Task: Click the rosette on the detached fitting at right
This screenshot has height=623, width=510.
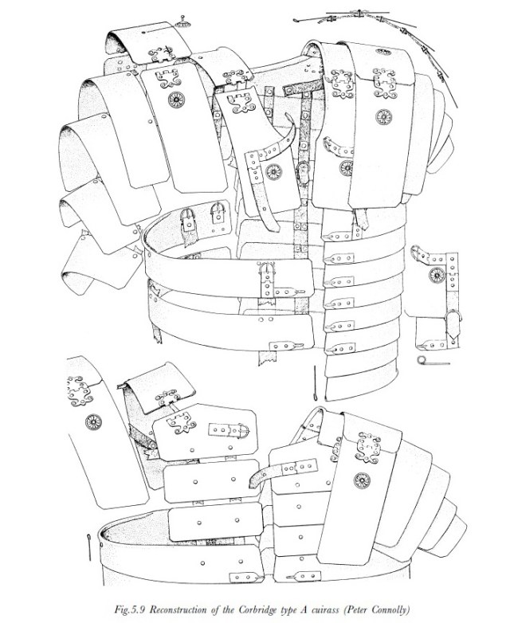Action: point(436,275)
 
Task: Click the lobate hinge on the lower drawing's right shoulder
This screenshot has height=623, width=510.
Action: point(370,446)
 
